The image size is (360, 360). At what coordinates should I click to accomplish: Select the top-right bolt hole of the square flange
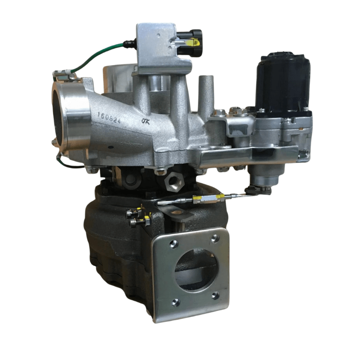coord(215,238)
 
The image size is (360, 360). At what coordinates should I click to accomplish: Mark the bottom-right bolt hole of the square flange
coord(216,296)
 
